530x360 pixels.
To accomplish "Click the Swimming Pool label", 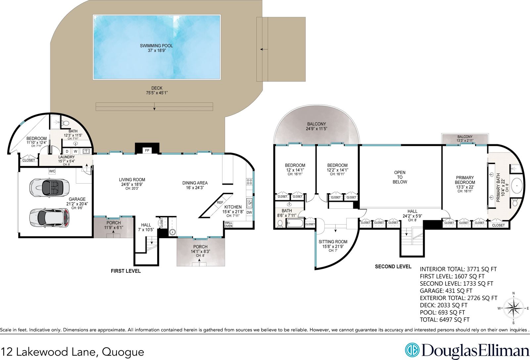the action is pos(156,46).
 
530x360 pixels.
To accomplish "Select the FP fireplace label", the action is pos(147,151).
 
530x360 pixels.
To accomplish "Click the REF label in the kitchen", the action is pos(220,202).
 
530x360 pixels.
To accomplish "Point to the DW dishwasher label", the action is pos(249,212).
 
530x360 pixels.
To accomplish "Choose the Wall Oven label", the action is pos(228,224).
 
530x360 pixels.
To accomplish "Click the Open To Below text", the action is pos(400,177).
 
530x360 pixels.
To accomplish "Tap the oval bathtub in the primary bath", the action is pos(517,186).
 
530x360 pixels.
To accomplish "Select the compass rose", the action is pos(513,308).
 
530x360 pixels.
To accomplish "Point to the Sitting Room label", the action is pos(333,242).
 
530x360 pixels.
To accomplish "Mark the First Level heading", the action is pos(126,271).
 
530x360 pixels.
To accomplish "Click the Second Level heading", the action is pos(393,267).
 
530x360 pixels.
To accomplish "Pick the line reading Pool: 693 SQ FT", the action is pos(442,312).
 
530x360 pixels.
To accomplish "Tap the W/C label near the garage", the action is pos(52,171).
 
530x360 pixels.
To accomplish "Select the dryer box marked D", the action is pos(67,152).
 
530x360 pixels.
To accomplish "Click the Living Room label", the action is pos(132,180).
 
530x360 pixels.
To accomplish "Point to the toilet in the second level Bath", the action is pos(280,224).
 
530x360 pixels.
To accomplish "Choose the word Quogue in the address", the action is pos(123,352).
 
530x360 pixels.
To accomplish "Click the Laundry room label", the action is pos(67,157).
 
